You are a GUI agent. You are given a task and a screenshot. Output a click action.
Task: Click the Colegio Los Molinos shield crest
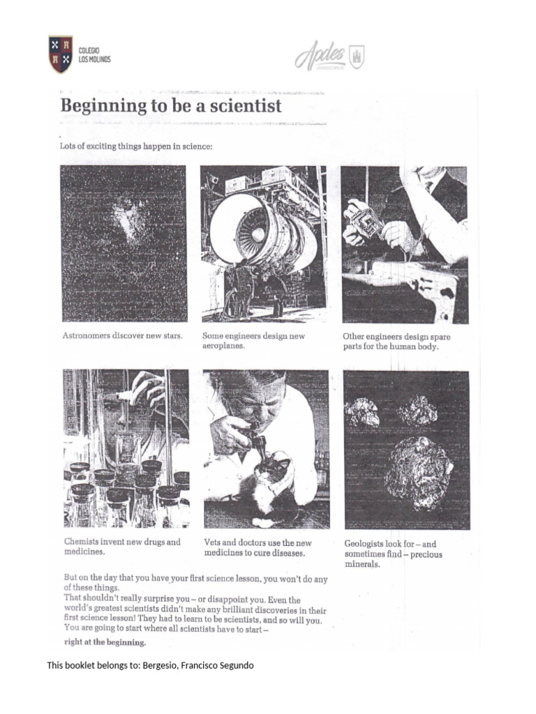tap(61, 54)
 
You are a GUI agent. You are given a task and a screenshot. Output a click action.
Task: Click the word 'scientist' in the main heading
tap(240, 106)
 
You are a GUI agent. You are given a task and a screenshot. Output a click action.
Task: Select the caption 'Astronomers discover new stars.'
tap(123, 335)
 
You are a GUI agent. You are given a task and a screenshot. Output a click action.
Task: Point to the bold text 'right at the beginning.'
tap(105, 642)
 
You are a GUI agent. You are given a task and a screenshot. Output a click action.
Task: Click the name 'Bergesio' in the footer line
tap(160, 665)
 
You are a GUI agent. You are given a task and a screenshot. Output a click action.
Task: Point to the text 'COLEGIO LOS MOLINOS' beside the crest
tap(94, 55)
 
